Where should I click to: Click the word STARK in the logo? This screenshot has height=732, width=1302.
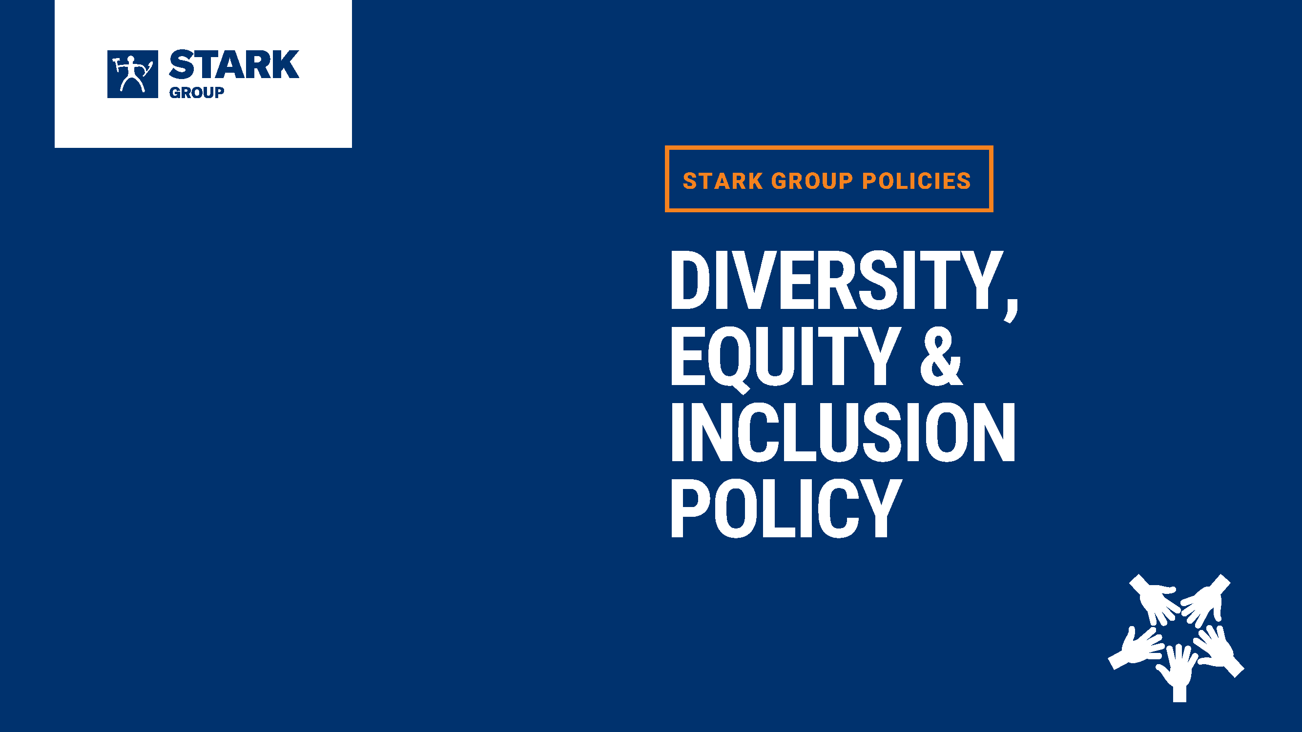tap(234, 65)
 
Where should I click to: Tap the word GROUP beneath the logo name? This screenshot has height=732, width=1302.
tap(197, 92)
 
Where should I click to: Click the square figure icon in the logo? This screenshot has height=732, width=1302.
tap(132, 74)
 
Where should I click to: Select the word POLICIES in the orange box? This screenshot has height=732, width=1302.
tap(916, 181)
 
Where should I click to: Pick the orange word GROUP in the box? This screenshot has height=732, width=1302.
tap(812, 181)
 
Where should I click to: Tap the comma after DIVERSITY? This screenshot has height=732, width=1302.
tap(1011, 310)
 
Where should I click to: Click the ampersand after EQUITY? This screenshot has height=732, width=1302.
tap(941, 356)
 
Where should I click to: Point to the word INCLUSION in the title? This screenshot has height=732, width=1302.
tap(843, 432)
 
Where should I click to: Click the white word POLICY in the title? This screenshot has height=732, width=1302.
tap(786, 508)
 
